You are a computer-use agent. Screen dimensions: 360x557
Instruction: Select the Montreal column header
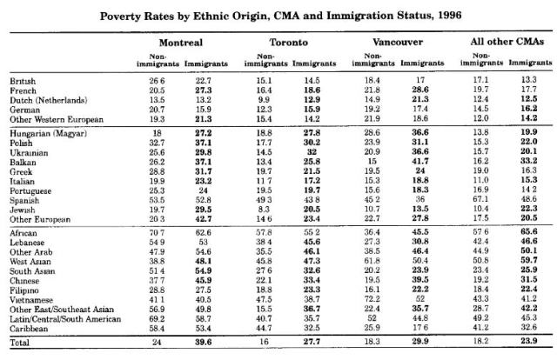pos(181,43)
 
